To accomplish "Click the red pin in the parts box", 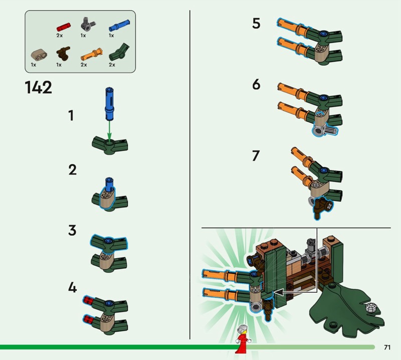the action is coord(64,27).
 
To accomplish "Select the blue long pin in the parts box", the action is coord(119,26).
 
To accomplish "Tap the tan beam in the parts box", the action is coord(39,55).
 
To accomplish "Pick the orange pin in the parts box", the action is coord(92,54).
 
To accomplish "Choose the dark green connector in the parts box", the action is coord(119,53).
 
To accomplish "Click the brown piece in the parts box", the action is coord(63,53).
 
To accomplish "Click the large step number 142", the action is coord(39,88).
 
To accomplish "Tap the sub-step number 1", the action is coord(71,115).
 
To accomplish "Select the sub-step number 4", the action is coord(72,287).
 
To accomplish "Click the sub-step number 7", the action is coord(256,155).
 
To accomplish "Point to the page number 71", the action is coord(387,347).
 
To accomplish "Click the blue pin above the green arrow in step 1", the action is coord(109,104).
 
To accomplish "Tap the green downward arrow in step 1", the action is coord(109,130).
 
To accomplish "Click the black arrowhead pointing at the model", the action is coord(279,292).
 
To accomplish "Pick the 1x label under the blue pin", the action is coord(111,36).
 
